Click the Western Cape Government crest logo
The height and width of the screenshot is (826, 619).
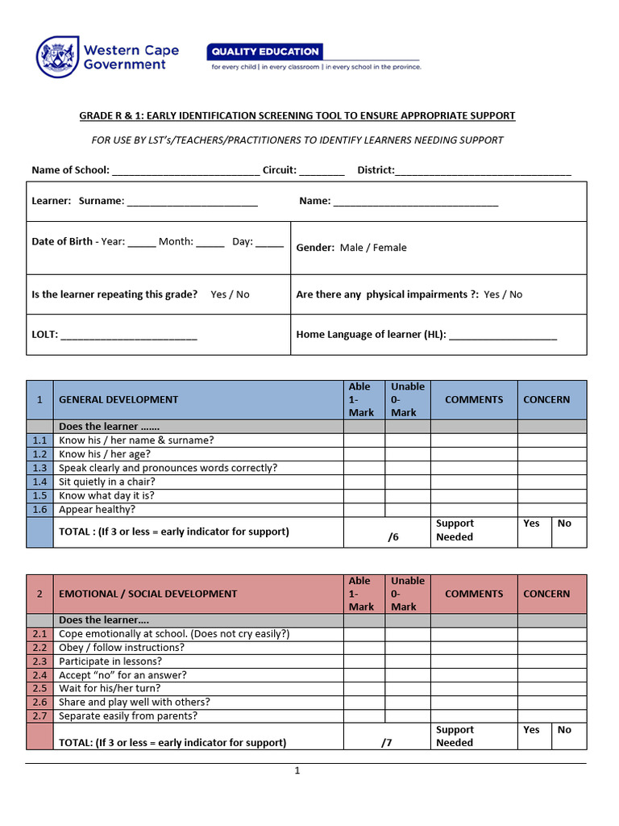coord(57,56)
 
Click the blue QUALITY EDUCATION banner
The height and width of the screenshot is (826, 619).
coord(265,52)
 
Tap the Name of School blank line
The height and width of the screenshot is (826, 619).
coord(185,171)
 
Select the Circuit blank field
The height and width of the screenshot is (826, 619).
coord(323,171)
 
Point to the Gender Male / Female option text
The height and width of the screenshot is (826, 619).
coord(373,248)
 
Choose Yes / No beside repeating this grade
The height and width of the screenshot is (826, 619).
coord(230,294)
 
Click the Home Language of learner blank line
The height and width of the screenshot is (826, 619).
coord(503,335)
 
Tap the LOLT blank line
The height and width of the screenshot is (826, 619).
coord(129,335)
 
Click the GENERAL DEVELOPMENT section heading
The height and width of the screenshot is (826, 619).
coord(118,399)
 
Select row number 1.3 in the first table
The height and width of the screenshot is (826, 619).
coord(40,468)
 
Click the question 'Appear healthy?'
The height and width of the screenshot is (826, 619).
coord(98,510)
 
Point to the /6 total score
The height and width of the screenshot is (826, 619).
coord(393,536)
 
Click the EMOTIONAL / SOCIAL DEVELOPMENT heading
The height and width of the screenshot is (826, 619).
coord(147,594)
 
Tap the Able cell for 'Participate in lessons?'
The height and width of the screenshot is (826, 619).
coord(364,661)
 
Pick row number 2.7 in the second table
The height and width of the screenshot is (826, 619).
coord(40,716)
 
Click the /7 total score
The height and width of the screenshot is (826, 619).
coord(387,743)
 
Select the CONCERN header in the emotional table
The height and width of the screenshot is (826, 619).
coord(546,594)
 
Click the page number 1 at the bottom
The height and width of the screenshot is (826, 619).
coord(297,771)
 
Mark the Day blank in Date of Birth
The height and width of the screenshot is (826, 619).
coord(270,242)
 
